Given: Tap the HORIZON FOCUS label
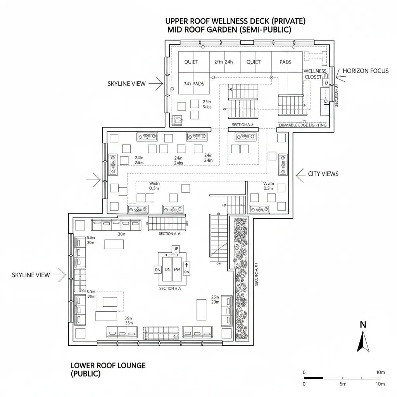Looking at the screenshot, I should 365,71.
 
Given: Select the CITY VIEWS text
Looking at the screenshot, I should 323,174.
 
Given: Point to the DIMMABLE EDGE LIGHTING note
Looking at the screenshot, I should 303,125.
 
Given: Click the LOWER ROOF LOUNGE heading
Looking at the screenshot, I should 108,365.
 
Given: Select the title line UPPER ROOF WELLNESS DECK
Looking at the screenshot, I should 235,21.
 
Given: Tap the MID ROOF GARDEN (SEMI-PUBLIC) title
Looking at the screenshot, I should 229,30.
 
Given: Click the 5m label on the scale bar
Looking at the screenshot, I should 343,384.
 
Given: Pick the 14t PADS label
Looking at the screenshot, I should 193,83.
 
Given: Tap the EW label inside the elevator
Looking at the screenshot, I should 177,269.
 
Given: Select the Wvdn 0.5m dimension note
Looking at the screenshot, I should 268,186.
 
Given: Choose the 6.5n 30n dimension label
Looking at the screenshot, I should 91,240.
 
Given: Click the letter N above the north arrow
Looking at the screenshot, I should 363,325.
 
